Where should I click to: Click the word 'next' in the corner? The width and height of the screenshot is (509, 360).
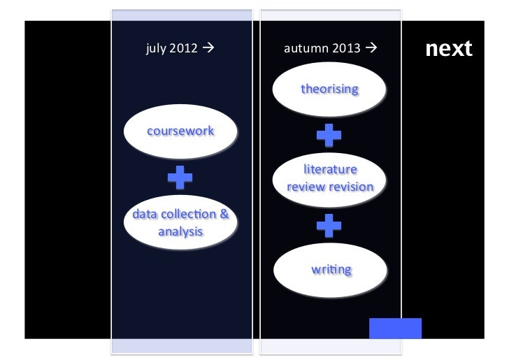448,49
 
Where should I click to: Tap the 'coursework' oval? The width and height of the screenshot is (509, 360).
180,131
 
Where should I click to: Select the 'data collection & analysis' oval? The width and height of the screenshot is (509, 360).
180,222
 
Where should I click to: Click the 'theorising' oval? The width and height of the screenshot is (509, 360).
329,89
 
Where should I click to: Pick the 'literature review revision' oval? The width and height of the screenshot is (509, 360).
330,179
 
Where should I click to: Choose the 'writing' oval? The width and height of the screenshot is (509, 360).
330,269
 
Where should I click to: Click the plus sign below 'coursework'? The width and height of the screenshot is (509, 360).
180,178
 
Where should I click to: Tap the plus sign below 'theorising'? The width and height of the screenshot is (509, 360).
329,134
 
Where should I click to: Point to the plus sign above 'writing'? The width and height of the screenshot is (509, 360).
329,224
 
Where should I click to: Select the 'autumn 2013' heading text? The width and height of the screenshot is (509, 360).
322,50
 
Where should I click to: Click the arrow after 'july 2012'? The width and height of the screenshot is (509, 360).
208,50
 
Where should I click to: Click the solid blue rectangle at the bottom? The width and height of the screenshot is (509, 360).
395,329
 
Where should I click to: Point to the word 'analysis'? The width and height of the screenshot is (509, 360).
180,231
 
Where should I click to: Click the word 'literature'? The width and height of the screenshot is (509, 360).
330,170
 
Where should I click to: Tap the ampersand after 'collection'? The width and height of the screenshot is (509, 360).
224,214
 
